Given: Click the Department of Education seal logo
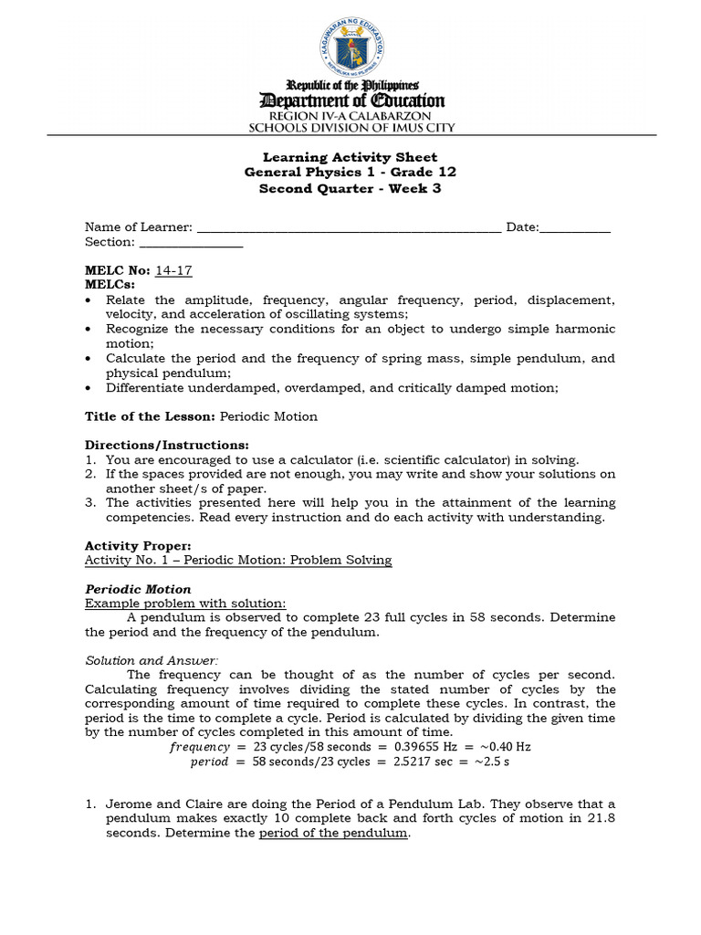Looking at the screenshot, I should (351, 46).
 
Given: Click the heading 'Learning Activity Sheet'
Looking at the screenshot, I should (350, 157).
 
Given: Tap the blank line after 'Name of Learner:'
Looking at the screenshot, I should (349, 228).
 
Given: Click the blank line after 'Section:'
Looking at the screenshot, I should (191, 243).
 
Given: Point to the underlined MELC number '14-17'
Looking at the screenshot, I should (174, 271).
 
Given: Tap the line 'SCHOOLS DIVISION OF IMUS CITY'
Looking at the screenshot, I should (350, 129).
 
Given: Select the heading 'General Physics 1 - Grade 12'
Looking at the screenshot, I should (350, 173).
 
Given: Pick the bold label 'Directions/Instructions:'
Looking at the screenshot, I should (153, 446).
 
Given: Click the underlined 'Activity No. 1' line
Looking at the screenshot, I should (238, 561).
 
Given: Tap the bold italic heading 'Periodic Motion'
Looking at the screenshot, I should (138, 589).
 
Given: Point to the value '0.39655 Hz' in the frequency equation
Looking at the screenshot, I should (413, 747).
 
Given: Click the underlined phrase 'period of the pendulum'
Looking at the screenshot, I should (333, 835).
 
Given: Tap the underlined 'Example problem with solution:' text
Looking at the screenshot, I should (185, 604).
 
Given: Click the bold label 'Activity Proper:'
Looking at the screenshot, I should (138, 546).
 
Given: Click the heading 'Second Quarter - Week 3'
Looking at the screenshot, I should (350, 188).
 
